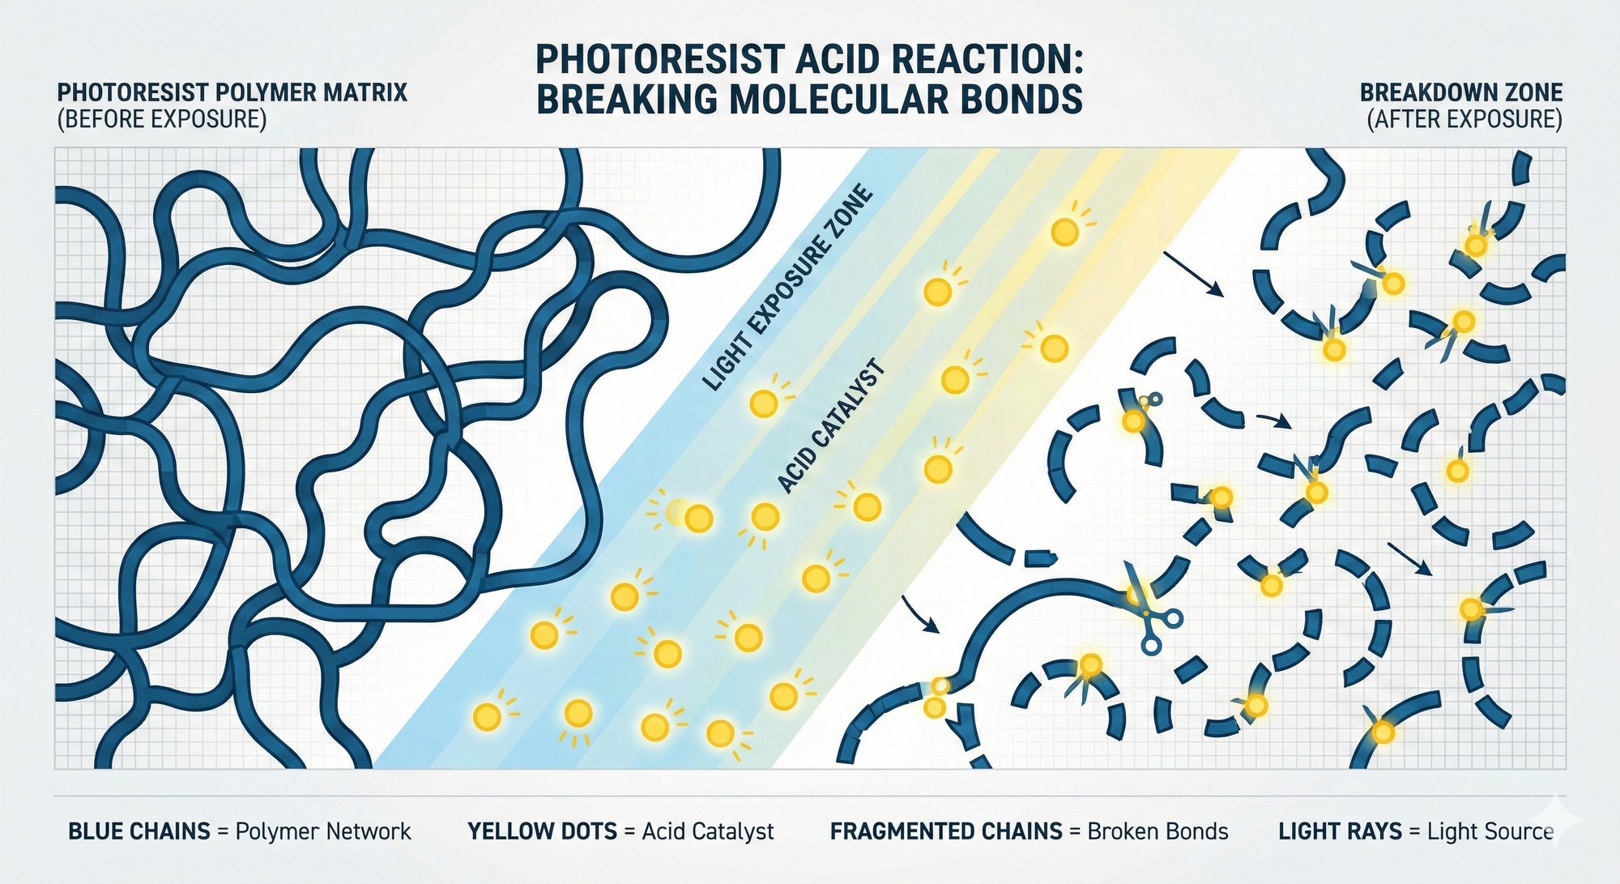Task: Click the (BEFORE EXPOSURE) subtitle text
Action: click(x=161, y=119)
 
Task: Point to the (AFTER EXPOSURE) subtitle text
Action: click(x=1464, y=119)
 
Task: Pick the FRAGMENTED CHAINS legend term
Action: click(x=946, y=831)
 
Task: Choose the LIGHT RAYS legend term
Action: click(x=1341, y=831)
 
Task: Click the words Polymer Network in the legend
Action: click(x=323, y=832)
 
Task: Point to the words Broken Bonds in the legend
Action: click(x=1157, y=831)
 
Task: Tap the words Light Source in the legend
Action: click(x=1490, y=832)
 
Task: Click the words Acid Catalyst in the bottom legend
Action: click(x=708, y=832)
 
